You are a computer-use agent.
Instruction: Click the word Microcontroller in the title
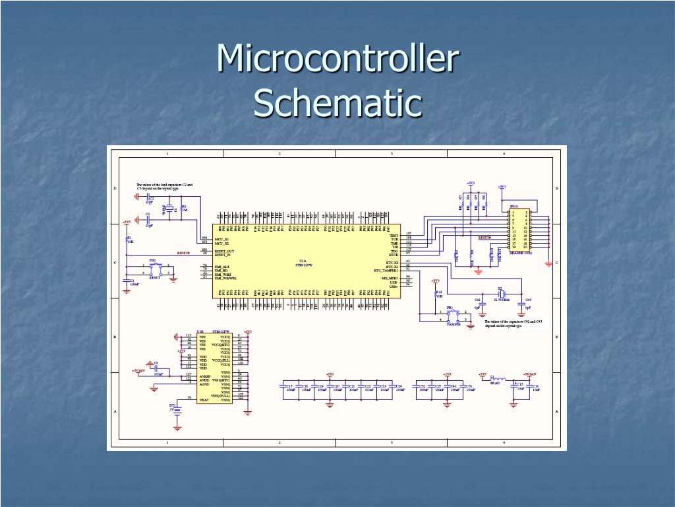337,59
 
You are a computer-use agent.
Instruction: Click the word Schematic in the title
337,103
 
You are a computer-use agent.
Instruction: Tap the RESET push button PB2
155,269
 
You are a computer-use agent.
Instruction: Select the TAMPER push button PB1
453,316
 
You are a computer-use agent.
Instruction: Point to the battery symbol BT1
177,409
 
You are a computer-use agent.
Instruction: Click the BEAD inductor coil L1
495,378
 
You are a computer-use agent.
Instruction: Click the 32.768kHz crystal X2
502,294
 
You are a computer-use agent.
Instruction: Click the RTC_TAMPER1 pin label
386,270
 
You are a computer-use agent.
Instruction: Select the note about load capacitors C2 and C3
164,187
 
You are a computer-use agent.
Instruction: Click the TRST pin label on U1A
394,235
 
